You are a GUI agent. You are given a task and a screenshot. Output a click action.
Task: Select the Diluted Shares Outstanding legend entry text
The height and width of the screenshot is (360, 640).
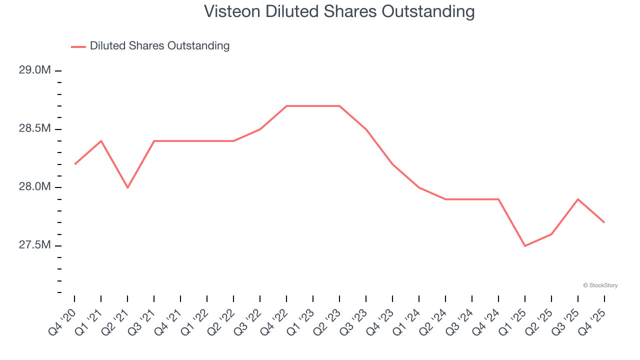[x=159, y=46]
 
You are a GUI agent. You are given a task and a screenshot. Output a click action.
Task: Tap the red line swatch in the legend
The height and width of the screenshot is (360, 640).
[x=78, y=46]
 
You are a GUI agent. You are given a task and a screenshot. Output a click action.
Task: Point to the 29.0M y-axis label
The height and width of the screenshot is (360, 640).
[x=35, y=70]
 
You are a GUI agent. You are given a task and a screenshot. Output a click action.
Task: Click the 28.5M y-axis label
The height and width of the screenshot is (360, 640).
[x=35, y=128]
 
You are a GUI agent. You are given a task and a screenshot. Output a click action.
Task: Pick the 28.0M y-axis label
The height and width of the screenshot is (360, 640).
[x=35, y=187]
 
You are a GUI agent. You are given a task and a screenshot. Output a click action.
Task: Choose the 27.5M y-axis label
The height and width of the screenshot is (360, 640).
[x=35, y=245]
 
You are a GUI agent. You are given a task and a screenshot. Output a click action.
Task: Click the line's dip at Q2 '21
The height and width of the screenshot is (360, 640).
[x=127, y=187]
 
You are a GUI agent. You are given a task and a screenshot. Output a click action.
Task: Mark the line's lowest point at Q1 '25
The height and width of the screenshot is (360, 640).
[x=525, y=246]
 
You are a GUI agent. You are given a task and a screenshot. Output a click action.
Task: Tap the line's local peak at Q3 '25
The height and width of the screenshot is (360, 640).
[x=578, y=199]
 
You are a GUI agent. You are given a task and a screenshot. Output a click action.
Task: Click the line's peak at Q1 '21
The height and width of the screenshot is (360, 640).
[x=101, y=141]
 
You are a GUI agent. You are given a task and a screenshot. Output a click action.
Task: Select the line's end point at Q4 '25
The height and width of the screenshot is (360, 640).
[x=604, y=222]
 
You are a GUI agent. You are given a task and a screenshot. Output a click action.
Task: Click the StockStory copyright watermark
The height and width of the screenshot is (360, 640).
[x=600, y=285]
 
